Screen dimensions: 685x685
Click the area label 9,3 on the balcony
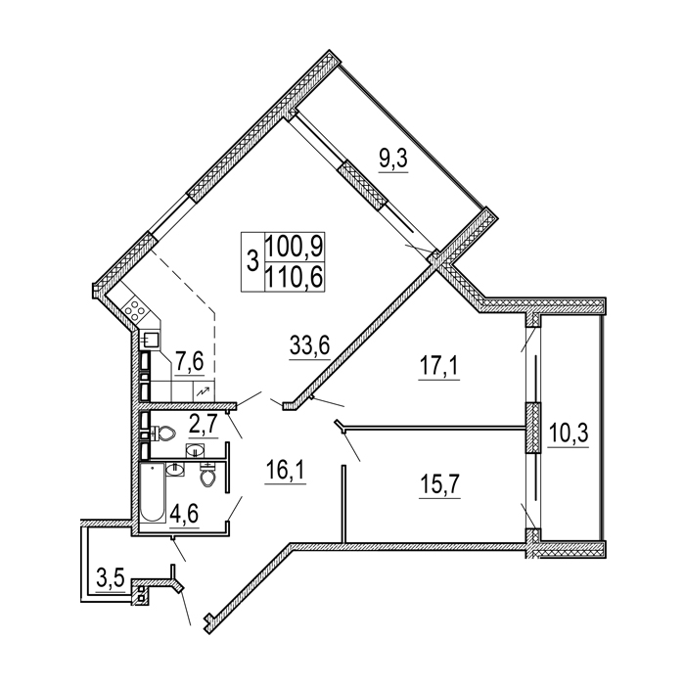(x=393, y=160)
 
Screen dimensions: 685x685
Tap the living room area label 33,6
(x=309, y=346)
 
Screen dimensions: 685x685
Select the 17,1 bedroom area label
(x=438, y=366)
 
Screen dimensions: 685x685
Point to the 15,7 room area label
(x=439, y=484)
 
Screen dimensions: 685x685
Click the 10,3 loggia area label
(x=569, y=434)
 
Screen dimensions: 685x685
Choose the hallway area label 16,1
(x=286, y=471)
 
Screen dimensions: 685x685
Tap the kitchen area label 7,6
(x=190, y=362)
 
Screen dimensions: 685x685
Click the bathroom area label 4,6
(x=184, y=515)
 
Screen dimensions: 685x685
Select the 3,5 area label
(x=111, y=579)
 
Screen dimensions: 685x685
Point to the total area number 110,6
(x=294, y=277)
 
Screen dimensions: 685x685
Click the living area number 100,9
(x=294, y=248)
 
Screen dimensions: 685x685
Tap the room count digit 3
(x=252, y=262)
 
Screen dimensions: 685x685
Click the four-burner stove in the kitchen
(x=135, y=310)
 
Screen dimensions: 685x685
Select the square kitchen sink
(x=150, y=340)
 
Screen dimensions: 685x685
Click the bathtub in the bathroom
(x=153, y=492)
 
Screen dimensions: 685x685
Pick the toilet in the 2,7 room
(x=163, y=434)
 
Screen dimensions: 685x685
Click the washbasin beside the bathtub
(x=175, y=470)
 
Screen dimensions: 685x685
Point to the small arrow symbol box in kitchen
(x=204, y=392)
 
